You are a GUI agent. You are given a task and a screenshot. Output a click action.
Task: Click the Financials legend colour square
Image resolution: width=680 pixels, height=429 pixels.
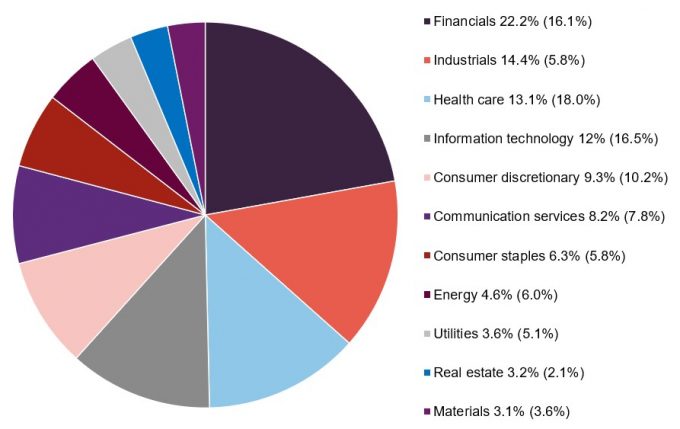pos(428,21)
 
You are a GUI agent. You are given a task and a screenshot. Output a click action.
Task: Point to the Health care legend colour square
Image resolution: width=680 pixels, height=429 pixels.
pos(428,99)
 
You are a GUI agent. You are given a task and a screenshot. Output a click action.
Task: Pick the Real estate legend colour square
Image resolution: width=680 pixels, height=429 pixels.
pos(428,372)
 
